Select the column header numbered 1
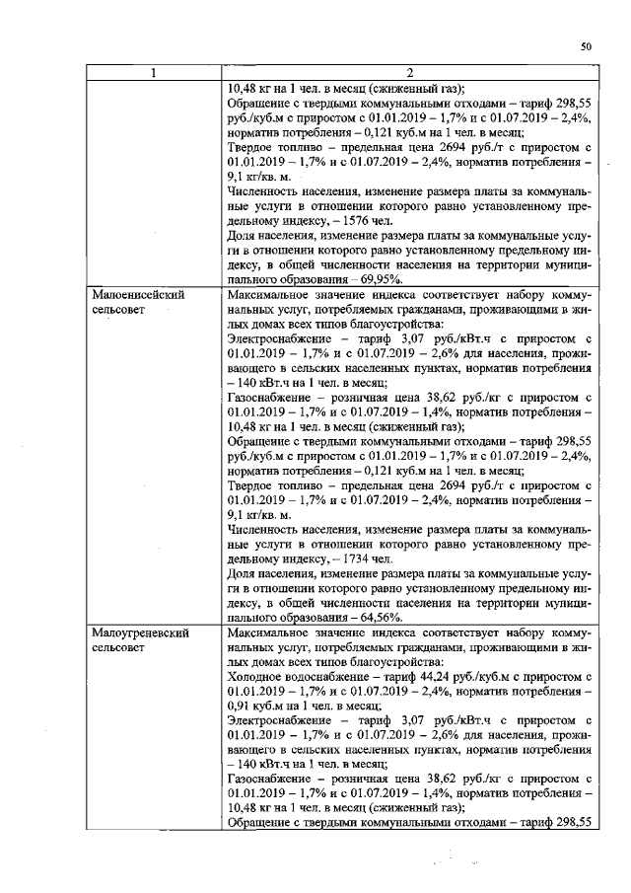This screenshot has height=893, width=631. [153, 72]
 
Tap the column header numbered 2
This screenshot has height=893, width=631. [408, 72]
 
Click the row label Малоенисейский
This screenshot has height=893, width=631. [138, 295]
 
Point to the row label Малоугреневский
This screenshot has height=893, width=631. [140, 630]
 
